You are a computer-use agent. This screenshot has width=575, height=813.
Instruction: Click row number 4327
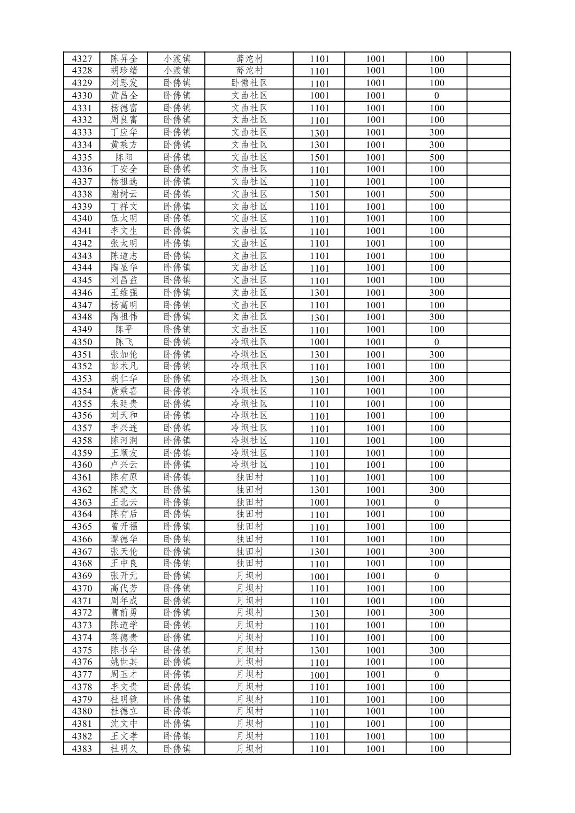click(x=82, y=59)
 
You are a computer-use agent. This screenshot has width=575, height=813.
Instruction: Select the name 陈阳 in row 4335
click(x=124, y=157)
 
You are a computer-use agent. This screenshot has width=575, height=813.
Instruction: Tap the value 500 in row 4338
click(x=436, y=194)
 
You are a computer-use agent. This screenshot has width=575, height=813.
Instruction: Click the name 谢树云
click(x=124, y=194)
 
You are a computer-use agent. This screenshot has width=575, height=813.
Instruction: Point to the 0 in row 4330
click(x=436, y=96)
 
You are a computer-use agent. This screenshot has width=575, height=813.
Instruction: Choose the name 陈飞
click(x=124, y=342)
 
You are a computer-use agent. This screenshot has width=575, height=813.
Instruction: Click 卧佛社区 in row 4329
click(x=249, y=83)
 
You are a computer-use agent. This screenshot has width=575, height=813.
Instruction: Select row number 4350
click(x=82, y=342)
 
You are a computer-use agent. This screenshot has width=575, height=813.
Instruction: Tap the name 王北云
click(x=124, y=502)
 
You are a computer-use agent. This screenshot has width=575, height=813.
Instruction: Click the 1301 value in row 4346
click(x=319, y=293)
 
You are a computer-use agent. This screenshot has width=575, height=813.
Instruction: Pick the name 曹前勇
click(x=124, y=613)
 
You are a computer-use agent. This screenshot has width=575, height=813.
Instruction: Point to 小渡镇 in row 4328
click(x=177, y=71)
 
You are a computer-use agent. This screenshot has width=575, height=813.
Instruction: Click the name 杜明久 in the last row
click(x=124, y=749)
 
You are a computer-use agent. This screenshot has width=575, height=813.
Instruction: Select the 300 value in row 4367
click(x=436, y=551)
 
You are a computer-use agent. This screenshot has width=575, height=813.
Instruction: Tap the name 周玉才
click(x=124, y=674)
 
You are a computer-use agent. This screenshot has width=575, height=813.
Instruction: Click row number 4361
click(x=82, y=477)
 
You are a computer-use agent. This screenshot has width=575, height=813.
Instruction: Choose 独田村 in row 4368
click(x=249, y=564)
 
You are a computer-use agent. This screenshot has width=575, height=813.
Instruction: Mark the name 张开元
click(x=124, y=576)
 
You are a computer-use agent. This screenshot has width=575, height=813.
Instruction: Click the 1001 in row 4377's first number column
click(x=319, y=675)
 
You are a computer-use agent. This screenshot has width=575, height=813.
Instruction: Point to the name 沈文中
click(x=124, y=724)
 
